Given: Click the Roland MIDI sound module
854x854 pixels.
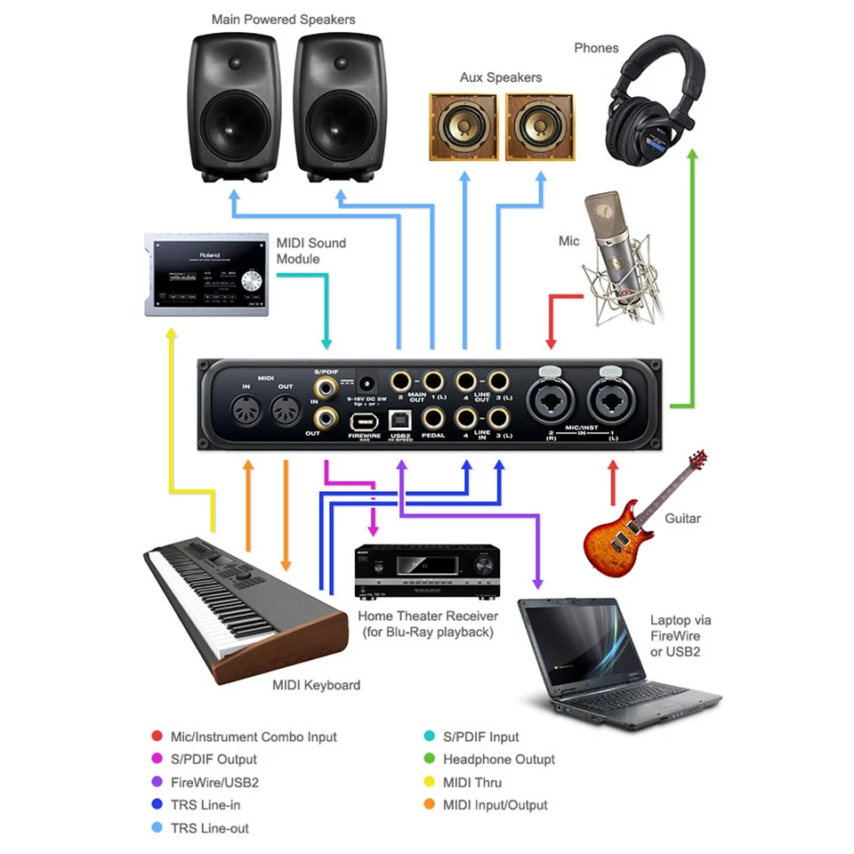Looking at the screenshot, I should coord(206,274).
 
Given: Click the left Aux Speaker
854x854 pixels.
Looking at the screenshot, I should coord(463,127).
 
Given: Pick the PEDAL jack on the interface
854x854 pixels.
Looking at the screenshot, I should coord(433,416).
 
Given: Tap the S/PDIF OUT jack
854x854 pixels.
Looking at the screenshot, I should coord(328,415).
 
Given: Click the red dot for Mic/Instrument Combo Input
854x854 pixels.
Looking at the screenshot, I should coord(157,737).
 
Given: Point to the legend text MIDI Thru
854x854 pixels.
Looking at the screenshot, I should coord(472,783).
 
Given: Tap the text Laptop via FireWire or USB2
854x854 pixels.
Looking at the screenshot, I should coord(681,636).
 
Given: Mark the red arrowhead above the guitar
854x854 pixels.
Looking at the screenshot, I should coord(612,466).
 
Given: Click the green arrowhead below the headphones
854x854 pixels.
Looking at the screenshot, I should coord(694,156).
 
